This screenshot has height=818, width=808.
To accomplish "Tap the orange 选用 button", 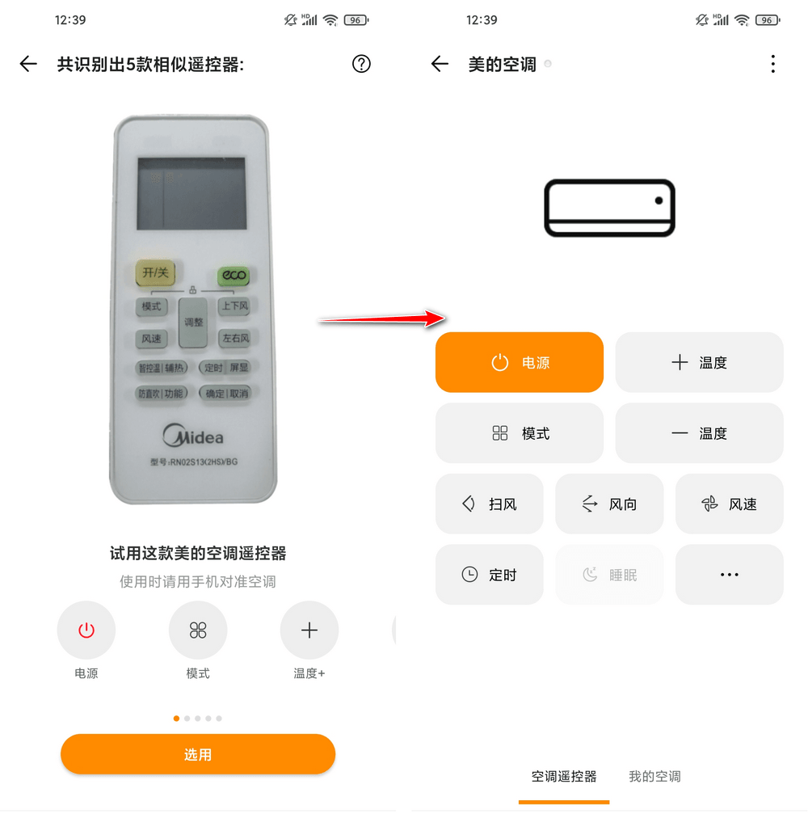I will tap(198, 754).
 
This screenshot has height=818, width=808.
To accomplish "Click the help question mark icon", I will tap(361, 64).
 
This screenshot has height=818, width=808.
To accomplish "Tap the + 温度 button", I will tap(699, 362).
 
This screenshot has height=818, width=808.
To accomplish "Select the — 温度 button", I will tap(699, 433).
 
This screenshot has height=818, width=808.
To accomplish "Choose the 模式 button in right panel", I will tap(520, 433).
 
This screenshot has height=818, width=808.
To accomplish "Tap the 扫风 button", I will tap(489, 504).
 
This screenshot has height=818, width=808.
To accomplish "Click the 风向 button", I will tap(609, 504).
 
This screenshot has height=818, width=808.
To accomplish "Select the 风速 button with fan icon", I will tap(729, 504).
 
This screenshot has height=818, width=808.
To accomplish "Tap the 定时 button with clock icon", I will tap(489, 575).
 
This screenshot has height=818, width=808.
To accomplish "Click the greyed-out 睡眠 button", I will tap(609, 575).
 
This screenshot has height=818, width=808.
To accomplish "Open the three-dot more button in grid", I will tap(729, 575).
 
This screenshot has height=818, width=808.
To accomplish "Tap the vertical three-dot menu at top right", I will tap(772, 64).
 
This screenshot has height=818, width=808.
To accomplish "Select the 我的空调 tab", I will tap(654, 776).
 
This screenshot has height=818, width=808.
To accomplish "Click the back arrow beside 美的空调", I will tap(440, 64).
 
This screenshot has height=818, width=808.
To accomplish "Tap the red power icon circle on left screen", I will tap(86, 630).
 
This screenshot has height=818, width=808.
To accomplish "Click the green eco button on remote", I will tap(233, 276).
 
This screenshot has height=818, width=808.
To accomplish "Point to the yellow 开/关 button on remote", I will tap(155, 273).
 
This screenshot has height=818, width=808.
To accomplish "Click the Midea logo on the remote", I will tap(193, 436).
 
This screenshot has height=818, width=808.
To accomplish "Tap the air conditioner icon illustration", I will tap(609, 208).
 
